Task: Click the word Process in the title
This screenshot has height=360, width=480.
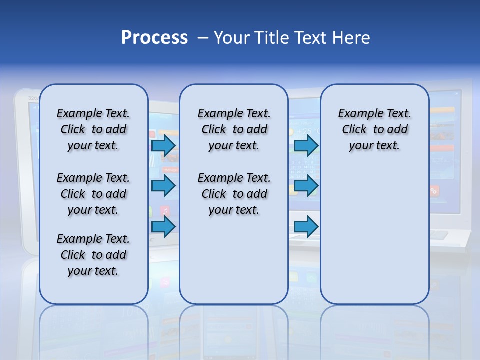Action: (154, 38)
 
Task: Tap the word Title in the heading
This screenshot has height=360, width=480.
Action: (271, 38)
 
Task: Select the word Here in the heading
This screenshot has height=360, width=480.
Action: (351, 38)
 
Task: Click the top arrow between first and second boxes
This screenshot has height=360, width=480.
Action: (163, 146)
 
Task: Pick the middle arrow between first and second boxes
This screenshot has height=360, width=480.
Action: (163, 186)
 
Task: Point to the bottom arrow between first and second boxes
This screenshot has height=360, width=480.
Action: (163, 227)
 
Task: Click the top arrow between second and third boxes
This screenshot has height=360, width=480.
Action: (306, 146)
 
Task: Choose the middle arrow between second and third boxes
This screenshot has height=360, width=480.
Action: (306, 186)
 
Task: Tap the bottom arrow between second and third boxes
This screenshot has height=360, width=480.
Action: (306, 227)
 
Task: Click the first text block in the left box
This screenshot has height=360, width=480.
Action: (93, 129)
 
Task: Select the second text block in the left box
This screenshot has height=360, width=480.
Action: (93, 194)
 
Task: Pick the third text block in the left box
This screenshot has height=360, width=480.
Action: (93, 255)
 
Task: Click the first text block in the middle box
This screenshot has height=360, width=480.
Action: (234, 129)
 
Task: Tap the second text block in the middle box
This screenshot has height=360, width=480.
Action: (234, 194)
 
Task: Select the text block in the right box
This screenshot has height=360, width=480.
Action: (374, 129)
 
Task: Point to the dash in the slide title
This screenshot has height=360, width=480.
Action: (203, 38)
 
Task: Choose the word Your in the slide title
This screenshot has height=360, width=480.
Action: (231, 38)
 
